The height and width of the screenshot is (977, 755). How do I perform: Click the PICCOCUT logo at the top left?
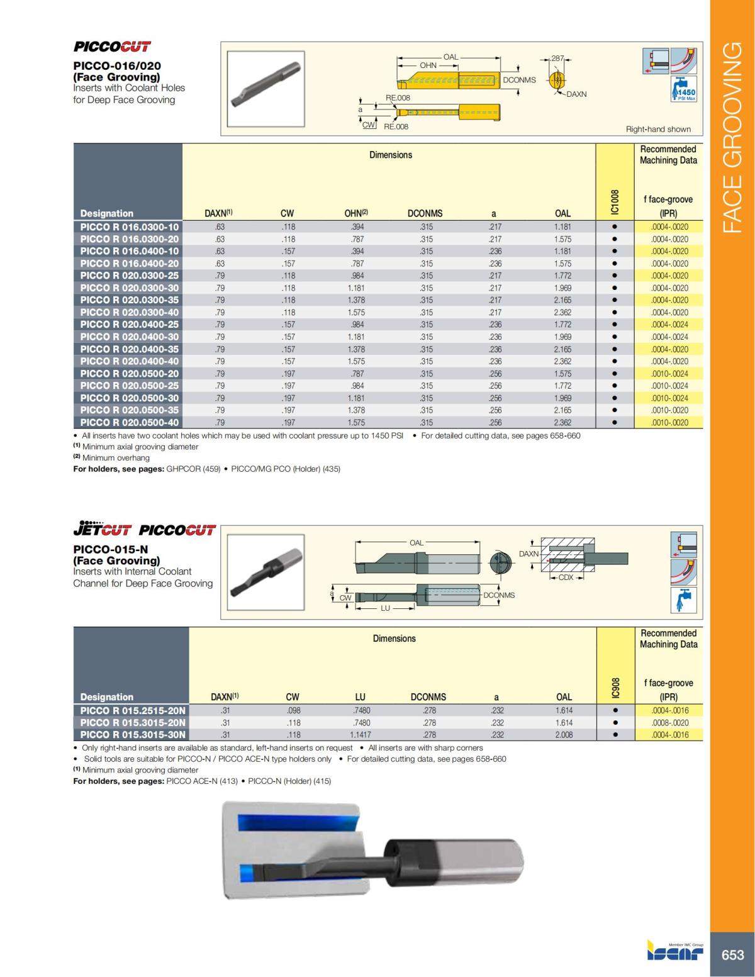click(x=112, y=47)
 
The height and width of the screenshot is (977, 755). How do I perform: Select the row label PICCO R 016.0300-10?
click(x=129, y=226)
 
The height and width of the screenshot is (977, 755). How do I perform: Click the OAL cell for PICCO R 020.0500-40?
click(x=562, y=423)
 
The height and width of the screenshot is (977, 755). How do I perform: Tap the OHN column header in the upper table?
click(x=355, y=213)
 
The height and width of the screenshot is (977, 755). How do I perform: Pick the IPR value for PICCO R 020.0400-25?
click(x=669, y=325)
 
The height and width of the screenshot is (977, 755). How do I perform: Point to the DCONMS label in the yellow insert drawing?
click(x=519, y=80)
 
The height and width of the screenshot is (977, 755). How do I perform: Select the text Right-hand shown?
click(x=658, y=129)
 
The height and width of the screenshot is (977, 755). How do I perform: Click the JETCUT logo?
click(x=102, y=529)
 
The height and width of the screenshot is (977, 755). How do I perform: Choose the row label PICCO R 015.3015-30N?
click(x=133, y=735)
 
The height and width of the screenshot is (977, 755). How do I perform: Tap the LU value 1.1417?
click(x=360, y=735)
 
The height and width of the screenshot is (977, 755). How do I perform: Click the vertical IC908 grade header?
click(x=615, y=687)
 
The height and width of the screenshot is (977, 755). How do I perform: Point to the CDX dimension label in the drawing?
click(x=566, y=578)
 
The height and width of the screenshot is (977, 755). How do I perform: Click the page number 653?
click(x=732, y=955)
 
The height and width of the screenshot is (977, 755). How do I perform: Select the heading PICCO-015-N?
click(x=111, y=549)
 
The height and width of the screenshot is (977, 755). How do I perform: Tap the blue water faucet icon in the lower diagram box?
click(x=683, y=600)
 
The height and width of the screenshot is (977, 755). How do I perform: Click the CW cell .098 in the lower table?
click(x=293, y=710)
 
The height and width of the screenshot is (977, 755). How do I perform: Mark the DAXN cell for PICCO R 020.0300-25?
click(x=220, y=276)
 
